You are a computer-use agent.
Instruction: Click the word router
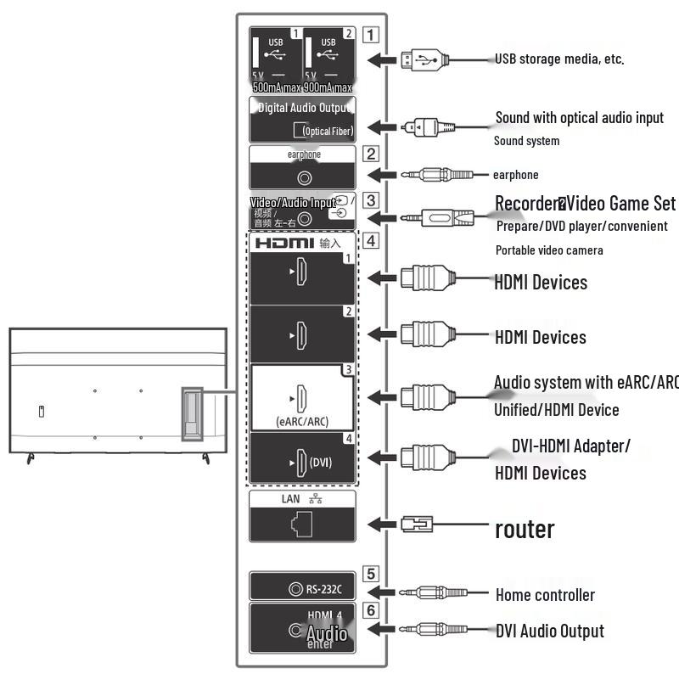pos(525,529)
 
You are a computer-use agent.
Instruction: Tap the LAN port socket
pos(300,524)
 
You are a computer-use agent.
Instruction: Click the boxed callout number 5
pos(370,574)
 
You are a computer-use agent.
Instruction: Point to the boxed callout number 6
pos(370,609)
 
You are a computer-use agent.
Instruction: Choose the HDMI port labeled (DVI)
pos(302,463)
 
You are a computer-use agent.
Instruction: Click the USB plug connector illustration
pos(423,59)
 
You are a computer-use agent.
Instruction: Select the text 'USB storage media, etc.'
pos(559,59)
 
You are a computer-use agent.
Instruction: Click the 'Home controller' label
pos(545,595)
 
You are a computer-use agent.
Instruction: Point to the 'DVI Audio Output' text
pos(550,631)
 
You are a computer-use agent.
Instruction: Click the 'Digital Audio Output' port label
pos(302,108)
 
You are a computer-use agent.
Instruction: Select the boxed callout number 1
pos(370,36)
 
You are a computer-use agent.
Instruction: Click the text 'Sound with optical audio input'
pos(580,117)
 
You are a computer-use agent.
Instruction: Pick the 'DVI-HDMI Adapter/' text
pos(570,446)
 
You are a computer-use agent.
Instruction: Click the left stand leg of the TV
pos(31,458)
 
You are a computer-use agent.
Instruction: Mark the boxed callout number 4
pos(370,240)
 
